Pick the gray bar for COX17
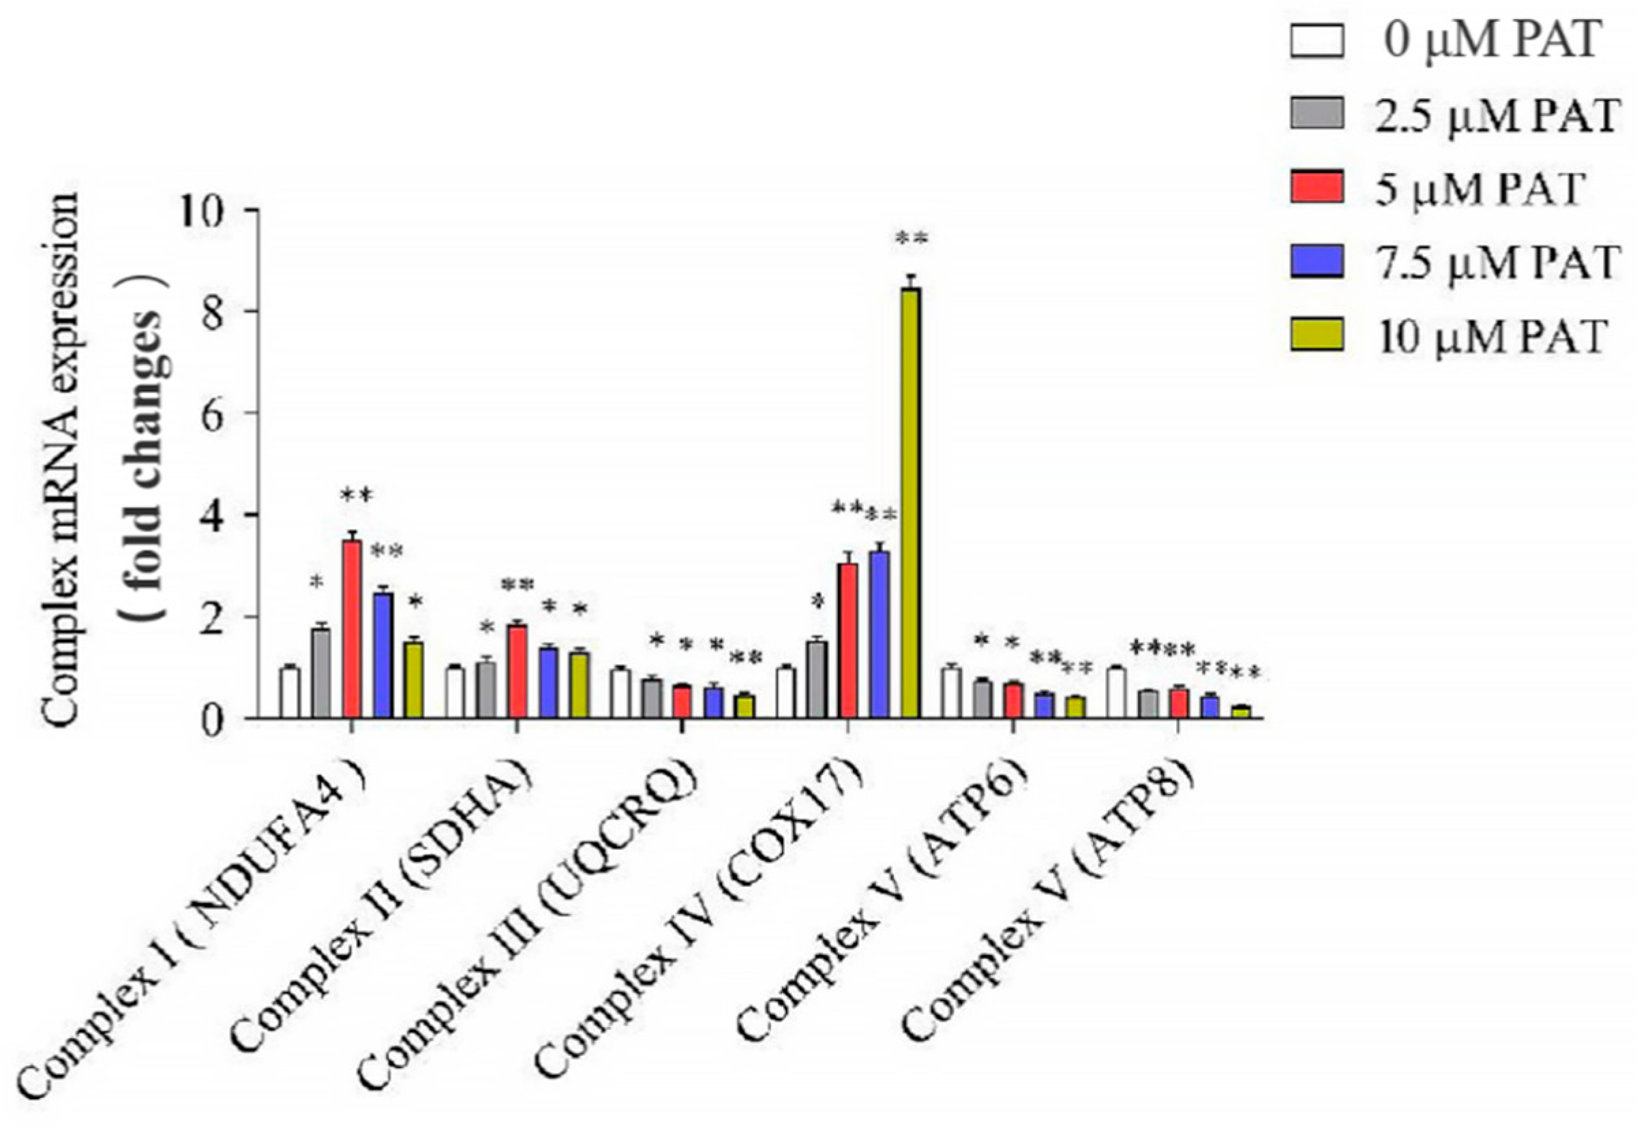pyautogui.click(x=816, y=680)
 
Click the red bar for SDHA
pyautogui.click(x=517, y=671)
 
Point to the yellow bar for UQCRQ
pyautogui.click(x=745, y=706)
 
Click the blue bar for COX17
pyautogui.click(x=878, y=635)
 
